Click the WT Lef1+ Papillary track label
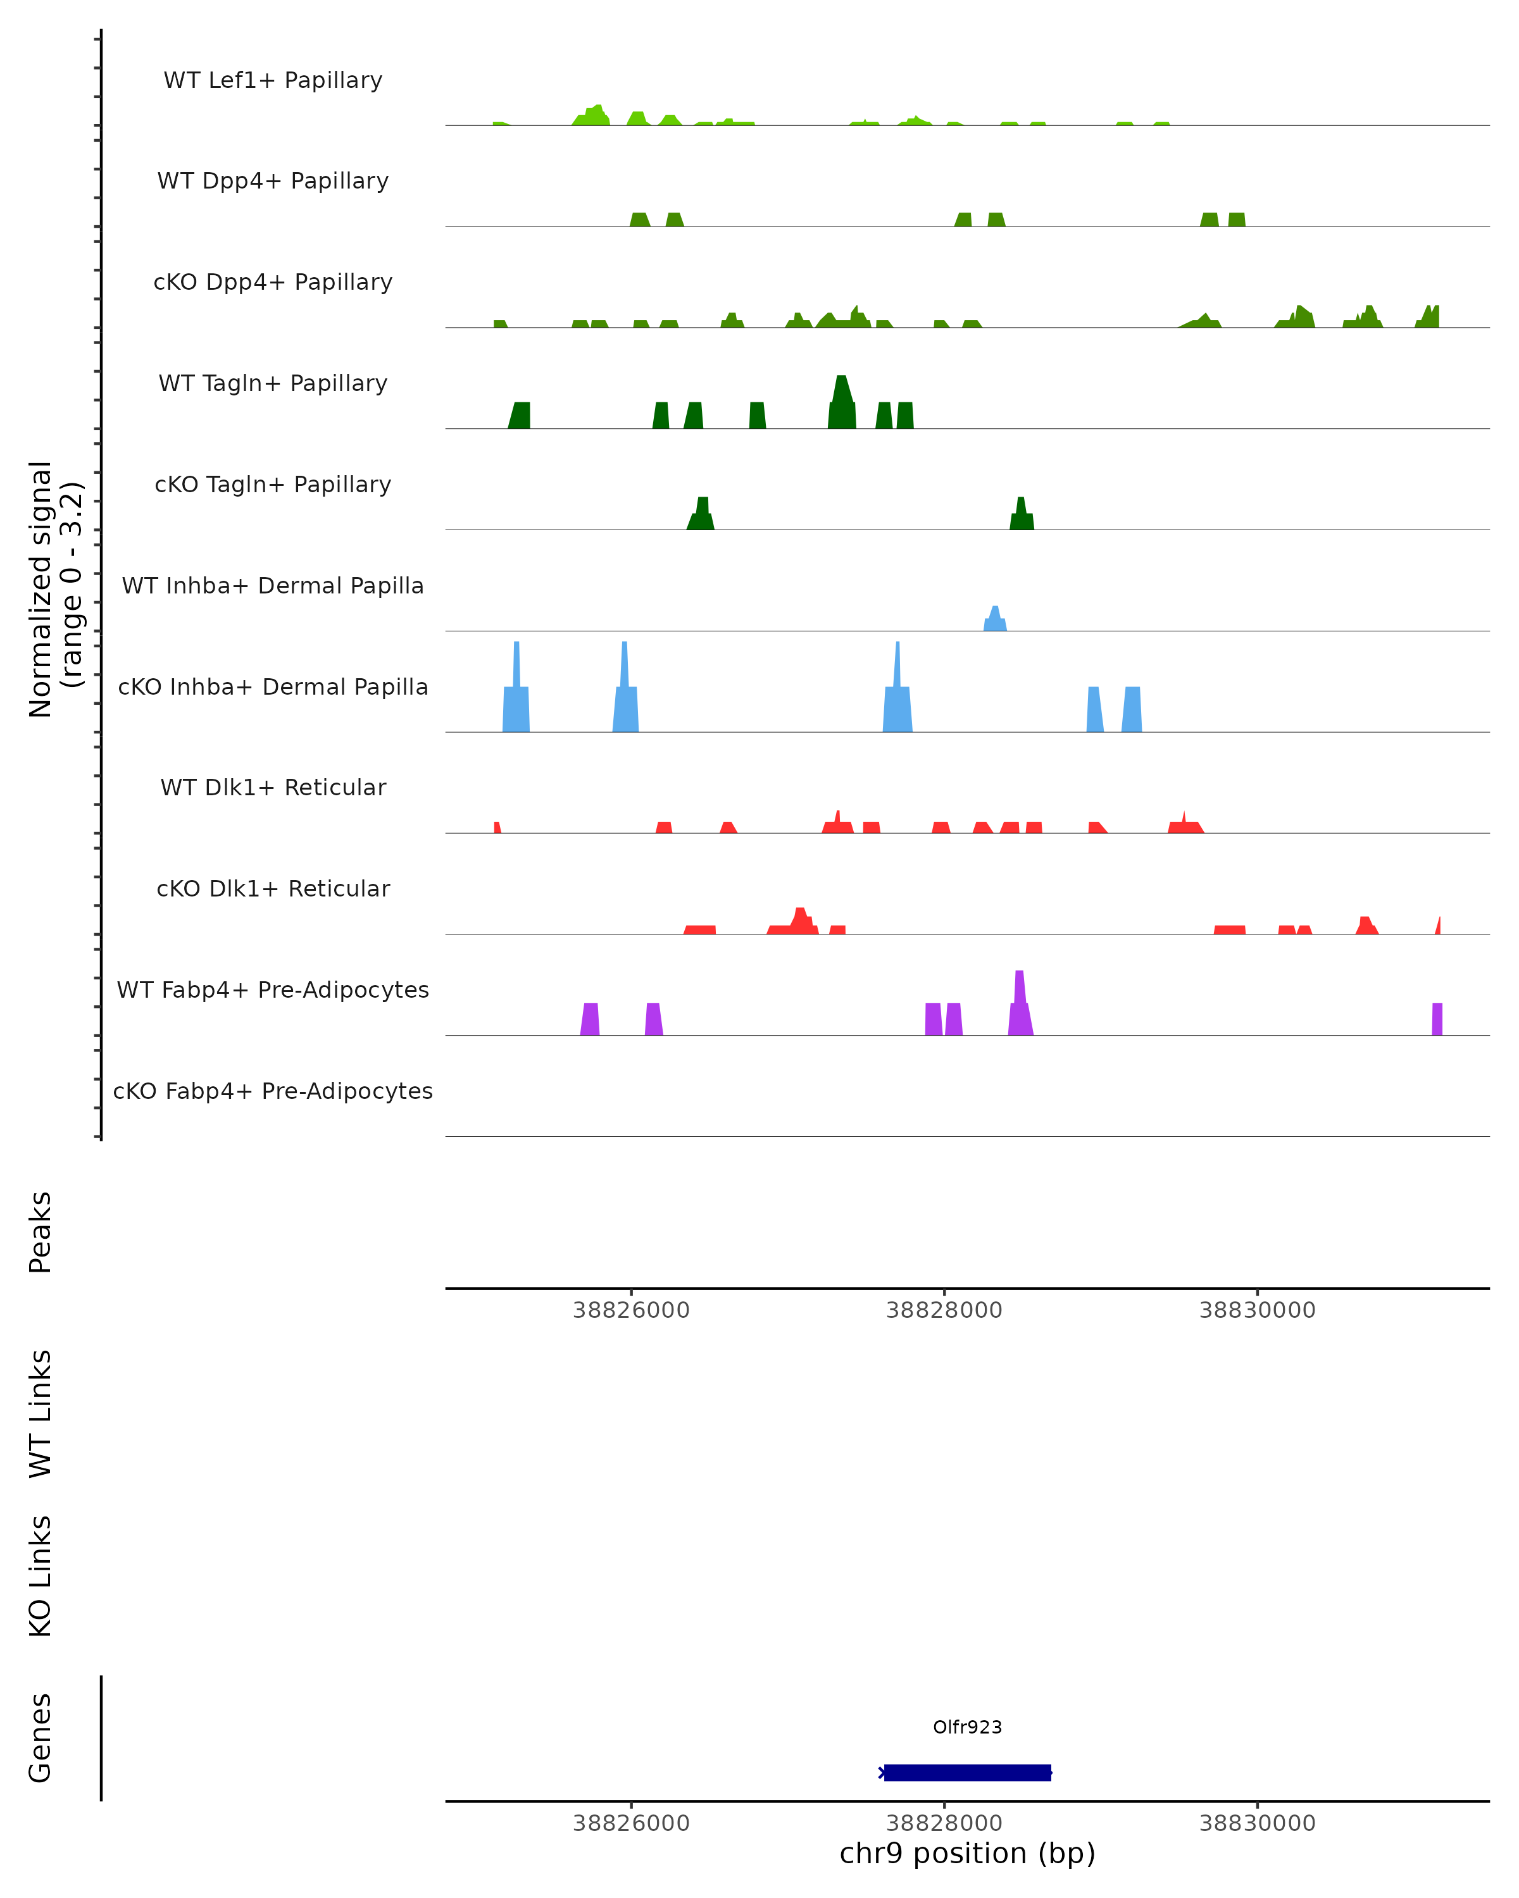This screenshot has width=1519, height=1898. coord(273,80)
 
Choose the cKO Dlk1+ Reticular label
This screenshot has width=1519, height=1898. coord(273,888)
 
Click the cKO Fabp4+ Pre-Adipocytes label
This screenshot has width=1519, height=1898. coord(273,1091)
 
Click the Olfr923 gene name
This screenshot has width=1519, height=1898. coord(967,1727)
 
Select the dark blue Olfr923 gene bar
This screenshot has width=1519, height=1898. coord(967,1772)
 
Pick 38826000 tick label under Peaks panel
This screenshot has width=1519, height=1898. coord(630,1310)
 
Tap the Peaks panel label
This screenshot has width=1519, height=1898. coord(41,1232)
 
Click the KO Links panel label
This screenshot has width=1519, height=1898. coord(41,1576)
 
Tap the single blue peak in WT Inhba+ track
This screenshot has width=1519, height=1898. coord(995,619)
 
